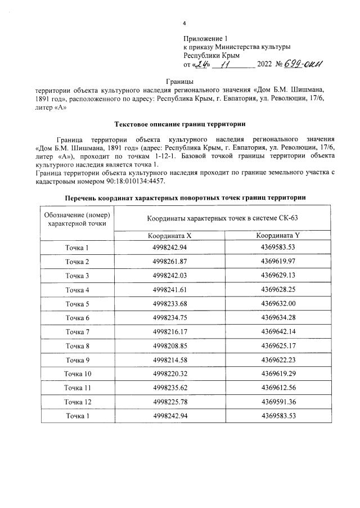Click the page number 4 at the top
pos(184,23)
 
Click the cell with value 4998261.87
pos(169,262)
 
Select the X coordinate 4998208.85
pos(169,346)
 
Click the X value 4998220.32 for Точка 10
pos(169,374)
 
